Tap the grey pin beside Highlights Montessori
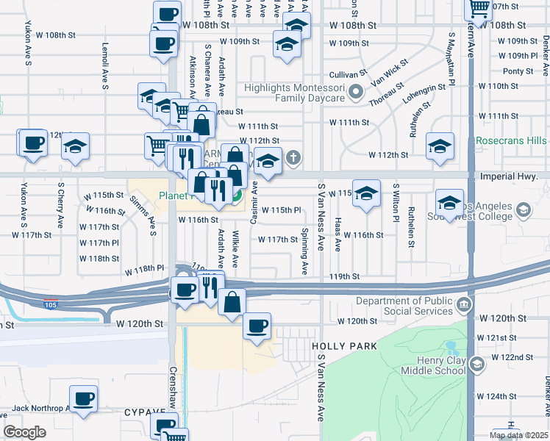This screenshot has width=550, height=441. tap(357, 93)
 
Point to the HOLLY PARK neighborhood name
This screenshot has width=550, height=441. tap(344, 346)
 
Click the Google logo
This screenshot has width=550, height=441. tap(24, 432)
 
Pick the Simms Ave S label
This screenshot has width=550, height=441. tap(143, 210)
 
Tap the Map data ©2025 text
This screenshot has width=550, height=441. tap(518, 435)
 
